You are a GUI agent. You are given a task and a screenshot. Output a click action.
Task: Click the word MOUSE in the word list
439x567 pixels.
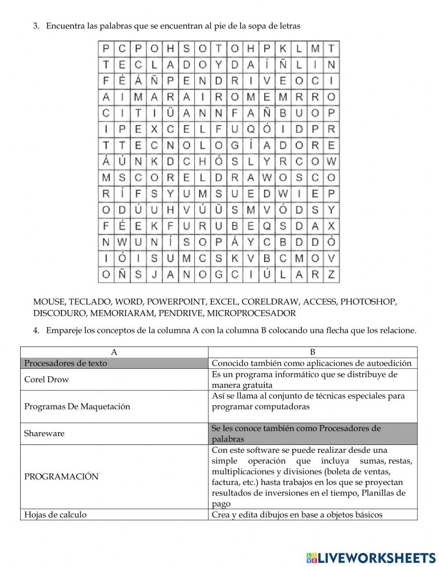48,302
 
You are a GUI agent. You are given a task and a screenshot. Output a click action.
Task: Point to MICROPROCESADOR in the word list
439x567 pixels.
251,313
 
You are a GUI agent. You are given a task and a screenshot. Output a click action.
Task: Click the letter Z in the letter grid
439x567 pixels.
331,274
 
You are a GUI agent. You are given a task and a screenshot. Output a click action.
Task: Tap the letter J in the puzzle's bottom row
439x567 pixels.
154,274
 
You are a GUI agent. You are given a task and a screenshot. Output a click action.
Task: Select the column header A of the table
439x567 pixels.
114,352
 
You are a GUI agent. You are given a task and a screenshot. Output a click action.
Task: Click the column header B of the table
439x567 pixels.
313,352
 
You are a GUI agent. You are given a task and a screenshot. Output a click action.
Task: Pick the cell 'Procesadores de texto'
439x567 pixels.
66,363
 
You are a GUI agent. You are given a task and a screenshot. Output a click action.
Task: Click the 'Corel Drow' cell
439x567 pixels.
47,379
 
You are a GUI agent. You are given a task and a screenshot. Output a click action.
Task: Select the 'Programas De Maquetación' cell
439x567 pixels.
77,406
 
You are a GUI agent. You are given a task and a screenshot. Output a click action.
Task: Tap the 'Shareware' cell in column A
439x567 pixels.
44,433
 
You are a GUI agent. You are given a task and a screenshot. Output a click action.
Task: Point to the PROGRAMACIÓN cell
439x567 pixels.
61,477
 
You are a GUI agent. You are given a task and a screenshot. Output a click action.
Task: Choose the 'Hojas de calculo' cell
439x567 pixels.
55,515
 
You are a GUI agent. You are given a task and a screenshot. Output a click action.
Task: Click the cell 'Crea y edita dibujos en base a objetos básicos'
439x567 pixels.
297,515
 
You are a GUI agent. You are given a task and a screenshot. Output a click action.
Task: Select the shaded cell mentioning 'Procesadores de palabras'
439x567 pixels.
296,433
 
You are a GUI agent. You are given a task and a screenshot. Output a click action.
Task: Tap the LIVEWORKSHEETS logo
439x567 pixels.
371,557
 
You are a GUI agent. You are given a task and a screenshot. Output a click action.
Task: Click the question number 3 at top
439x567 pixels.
36,26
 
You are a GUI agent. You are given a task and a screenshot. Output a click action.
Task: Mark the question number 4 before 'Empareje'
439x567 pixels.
36,330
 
